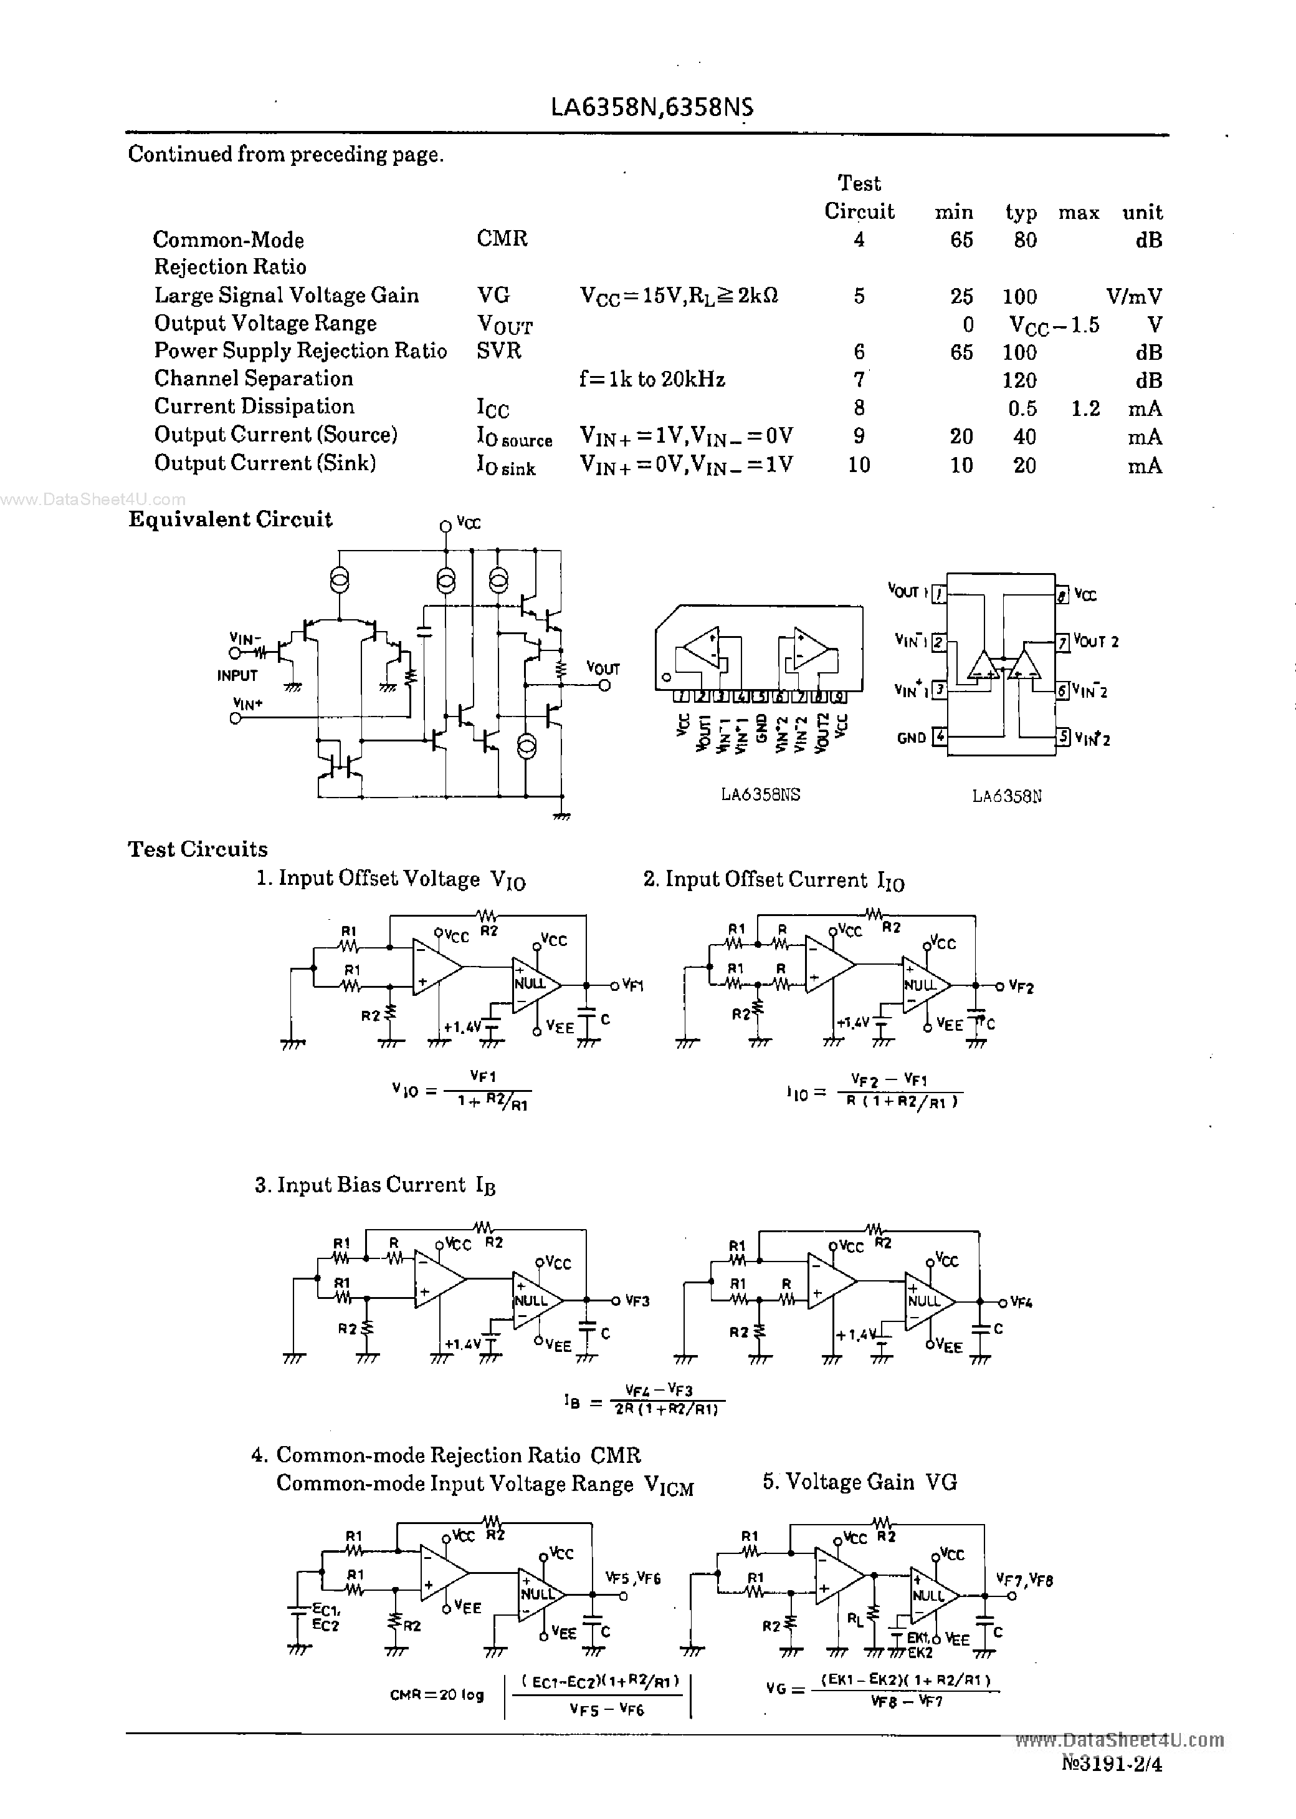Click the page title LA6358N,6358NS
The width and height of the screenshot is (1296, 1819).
(651, 108)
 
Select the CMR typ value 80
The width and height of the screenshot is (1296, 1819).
(1025, 239)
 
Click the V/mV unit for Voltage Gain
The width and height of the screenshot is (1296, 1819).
(1133, 296)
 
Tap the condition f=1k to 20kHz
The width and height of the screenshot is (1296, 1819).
(652, 379)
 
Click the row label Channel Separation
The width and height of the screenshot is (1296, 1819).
(253, 379)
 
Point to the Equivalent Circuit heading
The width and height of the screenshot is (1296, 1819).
(230, 520)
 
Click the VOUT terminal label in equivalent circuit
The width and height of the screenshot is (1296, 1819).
(603, 668)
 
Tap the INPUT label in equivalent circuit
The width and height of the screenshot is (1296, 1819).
(237, 675)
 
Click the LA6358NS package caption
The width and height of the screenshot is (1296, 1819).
(760, 794)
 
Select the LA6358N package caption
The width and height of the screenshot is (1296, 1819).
(1006, 796)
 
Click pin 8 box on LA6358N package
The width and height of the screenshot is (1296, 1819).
(1062, 595)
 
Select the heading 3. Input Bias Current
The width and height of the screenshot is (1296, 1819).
(375, 1185)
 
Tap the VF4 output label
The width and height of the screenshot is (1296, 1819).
(1021, 1303)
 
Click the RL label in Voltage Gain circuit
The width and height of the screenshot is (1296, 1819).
(855, 1619)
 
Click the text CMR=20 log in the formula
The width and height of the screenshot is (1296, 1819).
(437, 1694)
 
